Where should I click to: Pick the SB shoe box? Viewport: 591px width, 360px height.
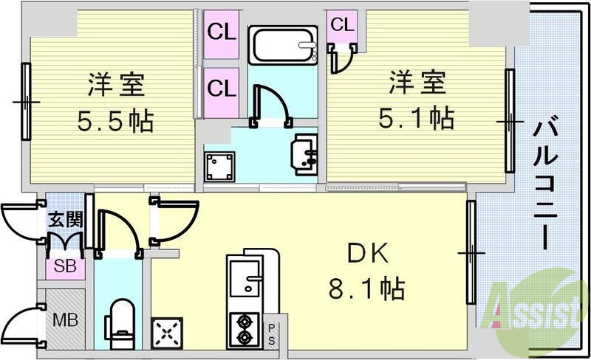click(x=65, y=266)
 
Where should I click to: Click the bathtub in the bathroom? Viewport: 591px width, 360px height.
click(x=283, y=46)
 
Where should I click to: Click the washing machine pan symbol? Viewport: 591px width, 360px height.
click(x=219, y=166)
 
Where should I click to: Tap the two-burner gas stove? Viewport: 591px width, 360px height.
click(x=243, y=328)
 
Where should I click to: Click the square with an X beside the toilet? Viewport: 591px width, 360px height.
click(x=167, y=331)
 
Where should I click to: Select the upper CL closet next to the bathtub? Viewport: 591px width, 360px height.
click(x=221, y=32)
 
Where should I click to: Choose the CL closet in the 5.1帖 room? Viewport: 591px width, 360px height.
click(x=341, y=25)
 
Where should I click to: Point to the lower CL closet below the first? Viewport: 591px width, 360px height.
click(x=221, y=89)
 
